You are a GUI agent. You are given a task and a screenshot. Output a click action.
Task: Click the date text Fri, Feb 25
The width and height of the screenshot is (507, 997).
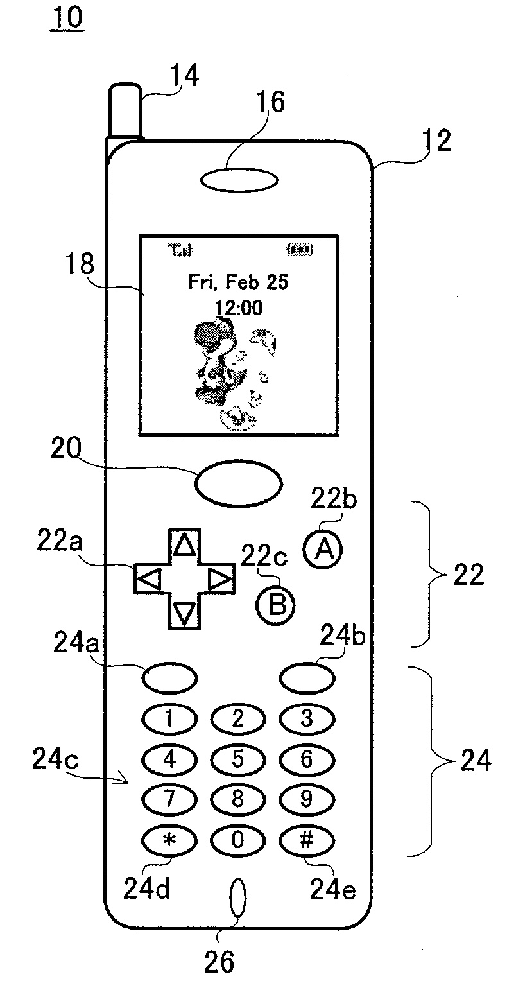(238, 282)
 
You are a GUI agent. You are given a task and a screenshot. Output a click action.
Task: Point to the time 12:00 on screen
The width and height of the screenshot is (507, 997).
(238, 308)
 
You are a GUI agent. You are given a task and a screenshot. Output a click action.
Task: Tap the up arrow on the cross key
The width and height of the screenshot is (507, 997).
(185, 545)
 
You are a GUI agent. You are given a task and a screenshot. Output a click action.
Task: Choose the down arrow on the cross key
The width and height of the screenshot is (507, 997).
(185, 614)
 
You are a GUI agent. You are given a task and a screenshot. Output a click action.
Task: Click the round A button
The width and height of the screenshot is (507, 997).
(324, 550)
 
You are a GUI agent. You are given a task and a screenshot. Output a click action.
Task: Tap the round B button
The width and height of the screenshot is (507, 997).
(276, 605)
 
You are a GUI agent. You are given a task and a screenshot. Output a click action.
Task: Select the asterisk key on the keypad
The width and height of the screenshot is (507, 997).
(169, 840)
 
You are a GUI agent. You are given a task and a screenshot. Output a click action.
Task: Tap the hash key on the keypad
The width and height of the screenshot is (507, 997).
(306, 840)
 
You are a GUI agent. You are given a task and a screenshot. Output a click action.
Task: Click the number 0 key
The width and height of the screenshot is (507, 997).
(237, 840)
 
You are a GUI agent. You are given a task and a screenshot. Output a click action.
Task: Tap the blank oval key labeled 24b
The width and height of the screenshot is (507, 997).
(307, 677)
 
